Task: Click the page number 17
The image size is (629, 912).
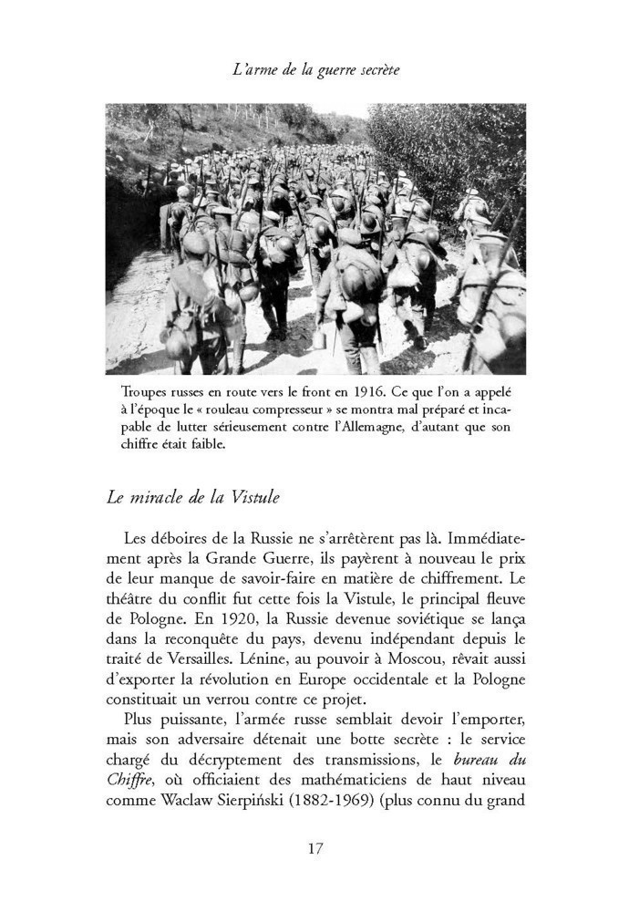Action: click(314, 848)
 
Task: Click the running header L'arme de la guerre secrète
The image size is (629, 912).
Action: click(314, 69)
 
